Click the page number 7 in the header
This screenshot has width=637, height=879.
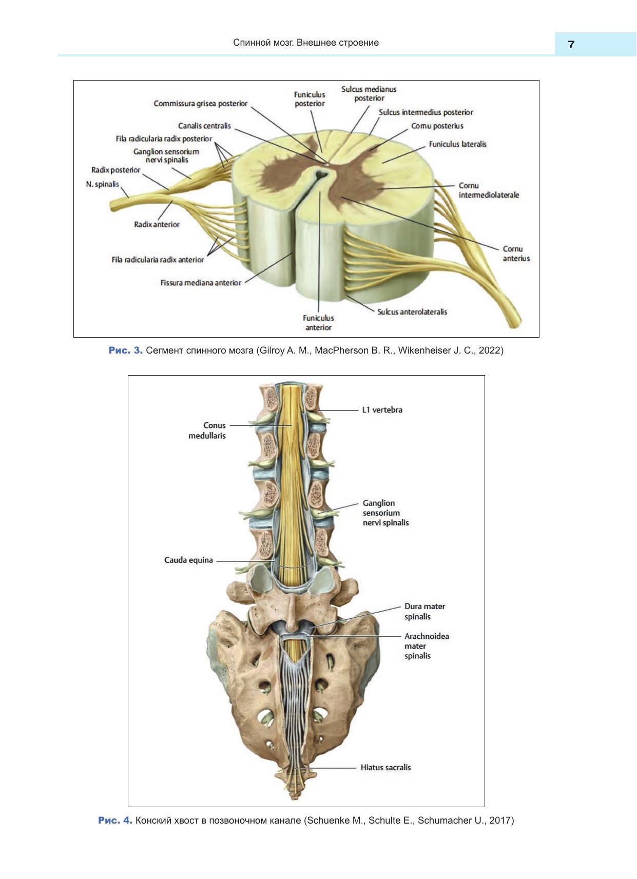coord(571,45)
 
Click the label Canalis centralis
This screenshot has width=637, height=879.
coord(204,126)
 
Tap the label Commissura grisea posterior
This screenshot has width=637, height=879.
coord(200,104)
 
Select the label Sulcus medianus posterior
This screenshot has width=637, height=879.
coord(369,93)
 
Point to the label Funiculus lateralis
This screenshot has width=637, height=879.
coord(457,144)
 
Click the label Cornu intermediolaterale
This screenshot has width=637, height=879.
coord(488,190)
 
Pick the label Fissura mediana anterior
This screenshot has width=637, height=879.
coord(201,283)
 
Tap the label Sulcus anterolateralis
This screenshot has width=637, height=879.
coord(412,312)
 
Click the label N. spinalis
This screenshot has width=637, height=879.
coord(102,184)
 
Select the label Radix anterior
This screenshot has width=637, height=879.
coord(157,224)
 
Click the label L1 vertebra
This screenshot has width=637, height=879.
coord(382,410)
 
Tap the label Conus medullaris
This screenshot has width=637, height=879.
coord(207,431)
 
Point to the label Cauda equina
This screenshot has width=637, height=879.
coord(188,560)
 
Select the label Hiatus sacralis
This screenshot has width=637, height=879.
coord(385,768)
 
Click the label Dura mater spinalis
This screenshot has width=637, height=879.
coord(424,611)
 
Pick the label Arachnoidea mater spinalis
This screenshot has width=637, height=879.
coord(426,646)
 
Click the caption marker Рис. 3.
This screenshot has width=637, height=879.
coord(125,350)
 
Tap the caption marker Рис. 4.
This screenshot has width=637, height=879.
coord(115,821)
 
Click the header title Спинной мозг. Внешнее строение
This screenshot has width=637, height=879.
coord(306,43)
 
